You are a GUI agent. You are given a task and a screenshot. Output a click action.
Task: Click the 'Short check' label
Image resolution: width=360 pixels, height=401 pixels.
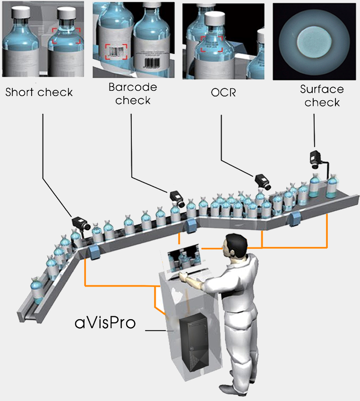pyautogui.click(x=39, y=92)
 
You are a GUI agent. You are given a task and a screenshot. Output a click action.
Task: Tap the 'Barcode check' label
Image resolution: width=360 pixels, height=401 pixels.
pyautogui.click(x=133, y=94)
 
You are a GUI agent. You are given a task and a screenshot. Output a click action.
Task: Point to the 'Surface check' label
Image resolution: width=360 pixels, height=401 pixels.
pyautogui.click(x=322, y=96)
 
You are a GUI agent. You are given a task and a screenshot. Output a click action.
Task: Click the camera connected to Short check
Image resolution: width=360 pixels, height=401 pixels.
pyautogui.click(x=80, y=223)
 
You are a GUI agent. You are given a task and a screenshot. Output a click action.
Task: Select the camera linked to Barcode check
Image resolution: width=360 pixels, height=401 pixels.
pyautogui.click(x=177, y=197)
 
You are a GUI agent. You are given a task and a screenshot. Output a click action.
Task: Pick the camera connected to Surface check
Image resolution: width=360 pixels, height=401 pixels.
pyautogui.click(x=316, y=158)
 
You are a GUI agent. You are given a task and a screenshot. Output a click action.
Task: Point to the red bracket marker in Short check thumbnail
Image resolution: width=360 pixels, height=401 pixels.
pyautogui.click(x=67, y=35)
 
